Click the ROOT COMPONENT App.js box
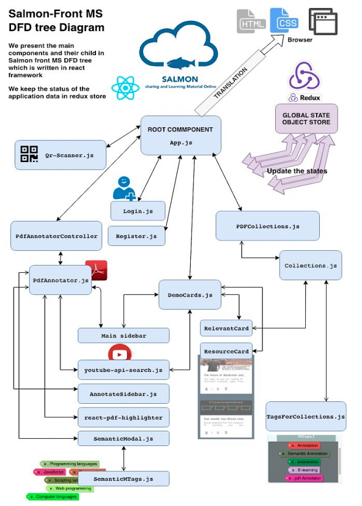pyautogui.click(x=180, y=135)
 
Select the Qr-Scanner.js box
pyautogui.click(x=60, y=155)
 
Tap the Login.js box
pyautogui.click(x=138, y=211)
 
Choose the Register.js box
pyautogui.click(x=136, y=236)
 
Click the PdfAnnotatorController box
pyautogui.click(x=56, y=236)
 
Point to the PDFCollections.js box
pyautogui.click(x=267, y=226)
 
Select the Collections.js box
pyautogui.click(x=311, y=266)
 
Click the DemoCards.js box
pyautogui.click(x=190, y=294)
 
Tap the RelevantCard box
pyautogui.click(x=226, y=329)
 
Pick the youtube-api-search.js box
pyautogui.click(x=124, y=370)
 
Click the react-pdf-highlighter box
pyautogui.click(x=123, y=417)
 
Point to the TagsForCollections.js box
pyautogui.click(x=306, y=417)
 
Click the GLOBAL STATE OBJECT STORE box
pyautogui.click(x=306, y=118)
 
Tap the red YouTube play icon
pyautogui.click(x=120, y=354)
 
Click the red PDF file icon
pyautogui.click(x=96, y=270)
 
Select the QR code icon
pyautogui.click(x=29, y=155)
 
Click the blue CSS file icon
pyautogui.click(x=284, y=21)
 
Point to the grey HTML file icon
pyautogui.click(x=250, y=21)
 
